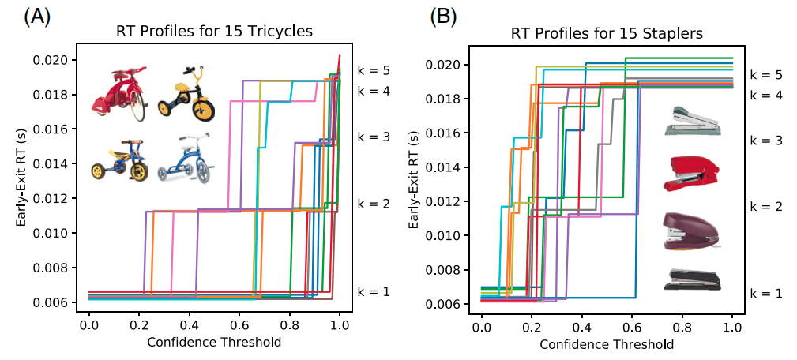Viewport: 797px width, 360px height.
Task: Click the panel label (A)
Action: [x=37, y=17]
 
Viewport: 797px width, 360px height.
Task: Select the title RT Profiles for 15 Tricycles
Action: [x=214, y=32]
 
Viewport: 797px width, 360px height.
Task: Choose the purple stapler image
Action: [x=690, y=231]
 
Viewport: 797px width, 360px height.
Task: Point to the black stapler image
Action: [x=692, y=279]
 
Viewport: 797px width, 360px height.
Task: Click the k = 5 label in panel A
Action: [x=374, y=70]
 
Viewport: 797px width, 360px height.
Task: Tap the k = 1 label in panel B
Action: [x=766, y=293]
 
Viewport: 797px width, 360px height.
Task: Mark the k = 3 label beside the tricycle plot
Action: [x=374, y=137]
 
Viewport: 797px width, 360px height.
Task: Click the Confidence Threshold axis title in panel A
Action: [x=214, y=342]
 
